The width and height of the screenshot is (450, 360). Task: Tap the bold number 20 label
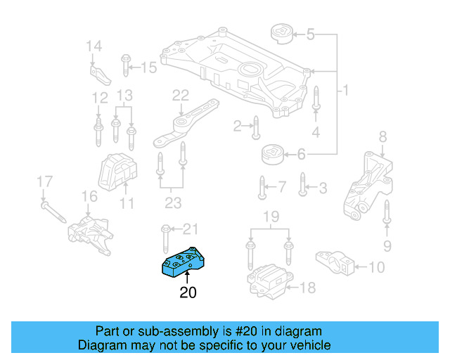coord(188,292)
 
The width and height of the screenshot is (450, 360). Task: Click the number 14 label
coord(94,46)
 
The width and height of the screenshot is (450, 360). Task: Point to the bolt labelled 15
coord(124,67)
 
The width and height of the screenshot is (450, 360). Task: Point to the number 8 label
coord(383,136)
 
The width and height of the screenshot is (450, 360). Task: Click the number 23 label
coord(173,203)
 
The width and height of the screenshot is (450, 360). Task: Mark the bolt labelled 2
coord(256,127)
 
